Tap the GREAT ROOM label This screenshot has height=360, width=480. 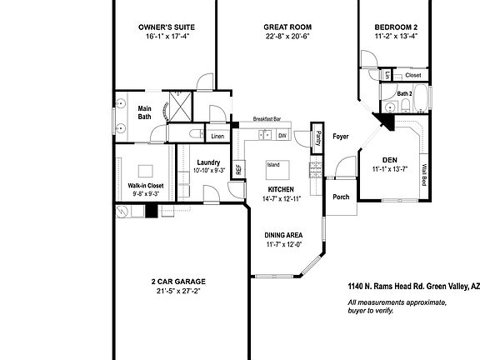pos(282,27)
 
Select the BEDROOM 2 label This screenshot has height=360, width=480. pos(396,27)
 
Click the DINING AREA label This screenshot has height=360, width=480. pos(282,235)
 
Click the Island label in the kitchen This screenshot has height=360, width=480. pos(273,165)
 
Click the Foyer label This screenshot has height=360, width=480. pos(340,136)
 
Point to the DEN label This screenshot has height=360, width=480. pos(389,159)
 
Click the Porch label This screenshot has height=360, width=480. pos(341,197)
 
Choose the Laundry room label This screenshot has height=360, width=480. pos(208,162)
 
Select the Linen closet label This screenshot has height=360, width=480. pos(217,136)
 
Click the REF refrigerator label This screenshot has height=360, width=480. pos(238,168)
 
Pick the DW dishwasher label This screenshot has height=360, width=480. pos(282,135)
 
